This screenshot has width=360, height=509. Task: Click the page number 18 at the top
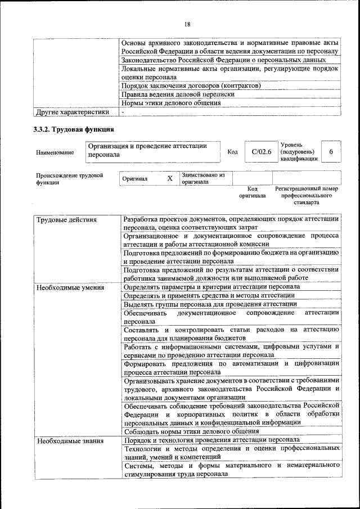click(187, 24)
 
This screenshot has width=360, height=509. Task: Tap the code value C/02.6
click(262, 152)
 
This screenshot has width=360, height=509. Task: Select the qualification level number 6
click(331, 152)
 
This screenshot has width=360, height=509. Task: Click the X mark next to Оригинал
click(170, 178)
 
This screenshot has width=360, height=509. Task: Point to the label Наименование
click(55, 152)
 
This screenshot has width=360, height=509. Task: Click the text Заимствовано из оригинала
click(203, 178)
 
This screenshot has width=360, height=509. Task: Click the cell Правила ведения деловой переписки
click(178, 94)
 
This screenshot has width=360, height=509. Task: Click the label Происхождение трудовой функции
click(70, 179)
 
